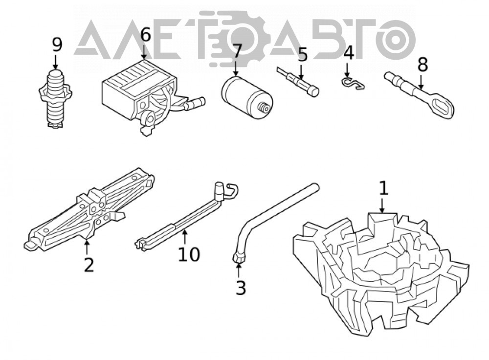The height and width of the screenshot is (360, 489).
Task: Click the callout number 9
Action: [x=57, y=45]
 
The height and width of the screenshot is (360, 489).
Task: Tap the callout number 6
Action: [x=145, y=35]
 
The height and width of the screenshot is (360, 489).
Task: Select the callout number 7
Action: [x=237, y=51]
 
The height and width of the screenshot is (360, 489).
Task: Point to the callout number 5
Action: [x=302, y=55]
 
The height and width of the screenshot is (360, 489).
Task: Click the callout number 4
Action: [x=349, y=53]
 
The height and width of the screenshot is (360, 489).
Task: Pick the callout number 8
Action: [x=422, y=65]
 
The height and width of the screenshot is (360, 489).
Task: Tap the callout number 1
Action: [x=383, y=188]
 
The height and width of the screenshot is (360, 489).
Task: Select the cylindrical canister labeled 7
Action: [x=247, y=97]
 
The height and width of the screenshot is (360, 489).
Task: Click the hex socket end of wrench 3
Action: [x=239, y=258]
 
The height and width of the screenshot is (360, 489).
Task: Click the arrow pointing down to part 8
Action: [x=421, y=81]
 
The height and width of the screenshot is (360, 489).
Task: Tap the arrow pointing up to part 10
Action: [x=185, y=236]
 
